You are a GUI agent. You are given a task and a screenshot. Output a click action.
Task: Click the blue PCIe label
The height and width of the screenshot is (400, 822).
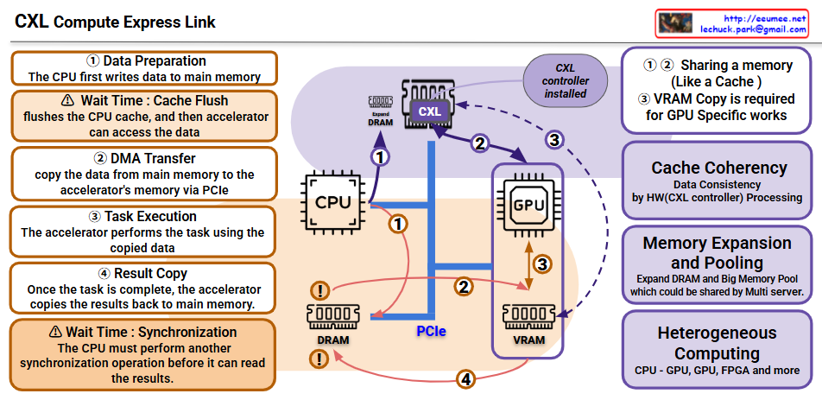tap(431, 331)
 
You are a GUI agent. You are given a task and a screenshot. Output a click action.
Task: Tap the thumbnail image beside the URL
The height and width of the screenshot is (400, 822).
tap(676, 23)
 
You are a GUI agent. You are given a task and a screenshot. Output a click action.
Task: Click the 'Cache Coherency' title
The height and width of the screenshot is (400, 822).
tap(718, 168)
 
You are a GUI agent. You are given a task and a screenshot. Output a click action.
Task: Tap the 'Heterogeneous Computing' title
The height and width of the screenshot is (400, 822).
tap(718, 343)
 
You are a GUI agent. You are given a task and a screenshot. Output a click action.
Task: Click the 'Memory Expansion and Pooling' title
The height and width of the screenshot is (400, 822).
tap(718, 252)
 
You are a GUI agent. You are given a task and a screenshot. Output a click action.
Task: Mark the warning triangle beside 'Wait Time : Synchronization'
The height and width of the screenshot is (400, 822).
tap(56, 332)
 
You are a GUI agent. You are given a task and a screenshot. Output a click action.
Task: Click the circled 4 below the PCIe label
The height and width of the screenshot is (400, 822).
tap(465, 378)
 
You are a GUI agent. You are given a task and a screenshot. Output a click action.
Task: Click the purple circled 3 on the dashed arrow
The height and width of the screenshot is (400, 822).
tap(554, 138)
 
